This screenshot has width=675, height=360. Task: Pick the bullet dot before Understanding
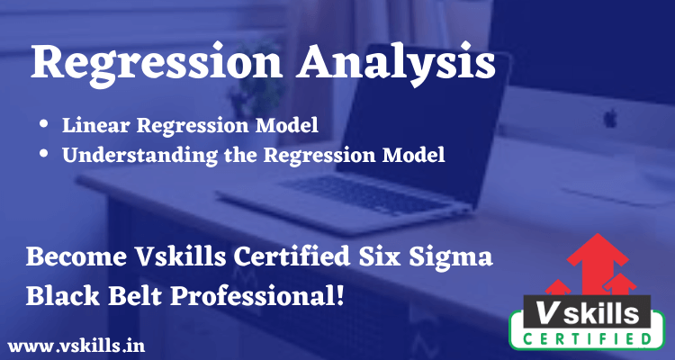pos(45,154)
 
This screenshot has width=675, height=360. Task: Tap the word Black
pos(59,294)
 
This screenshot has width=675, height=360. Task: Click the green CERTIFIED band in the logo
pos(592,338)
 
